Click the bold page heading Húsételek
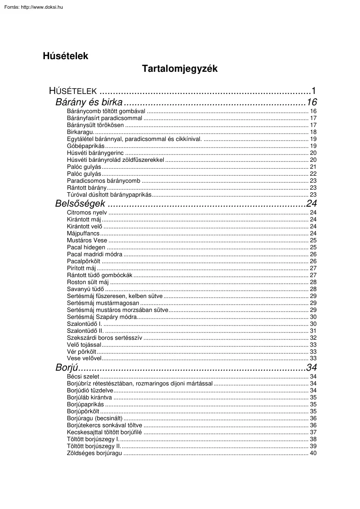coord(65,56)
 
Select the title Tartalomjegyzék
coord(179,69)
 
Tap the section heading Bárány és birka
coord(89,103)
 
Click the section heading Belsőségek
coord(80,204)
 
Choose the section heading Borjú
coord(66,367)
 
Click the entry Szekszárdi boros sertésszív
coord(104,338)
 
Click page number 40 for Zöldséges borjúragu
coord(313,453)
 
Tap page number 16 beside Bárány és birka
coord(312,103)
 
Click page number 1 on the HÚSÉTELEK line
coord(313,91)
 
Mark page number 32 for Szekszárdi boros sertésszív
coord(313,338)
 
